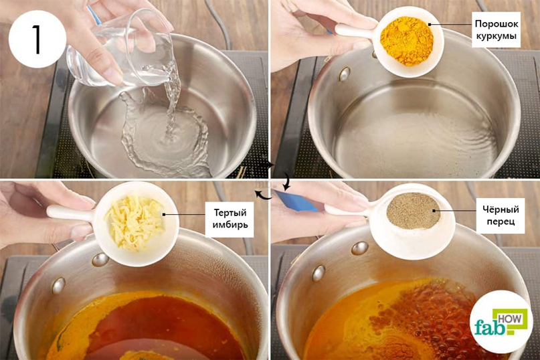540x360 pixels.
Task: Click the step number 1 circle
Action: coord(37,39)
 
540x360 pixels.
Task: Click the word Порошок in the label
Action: coord(497,24)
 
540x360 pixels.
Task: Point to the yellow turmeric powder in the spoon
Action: coord(406,40)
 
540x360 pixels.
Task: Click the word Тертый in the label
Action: coord(230,213)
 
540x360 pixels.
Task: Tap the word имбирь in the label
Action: coord(230,225)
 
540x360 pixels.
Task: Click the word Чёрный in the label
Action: coord(501,209)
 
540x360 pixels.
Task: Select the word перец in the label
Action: coord(501,221)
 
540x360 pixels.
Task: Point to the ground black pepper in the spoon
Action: coord(414,211)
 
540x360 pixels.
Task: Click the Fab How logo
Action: coord(501,322)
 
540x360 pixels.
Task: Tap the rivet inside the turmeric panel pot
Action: coord(345,74)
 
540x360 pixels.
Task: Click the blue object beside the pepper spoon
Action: coord(296,201)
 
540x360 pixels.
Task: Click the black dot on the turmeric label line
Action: coord(430,25)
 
